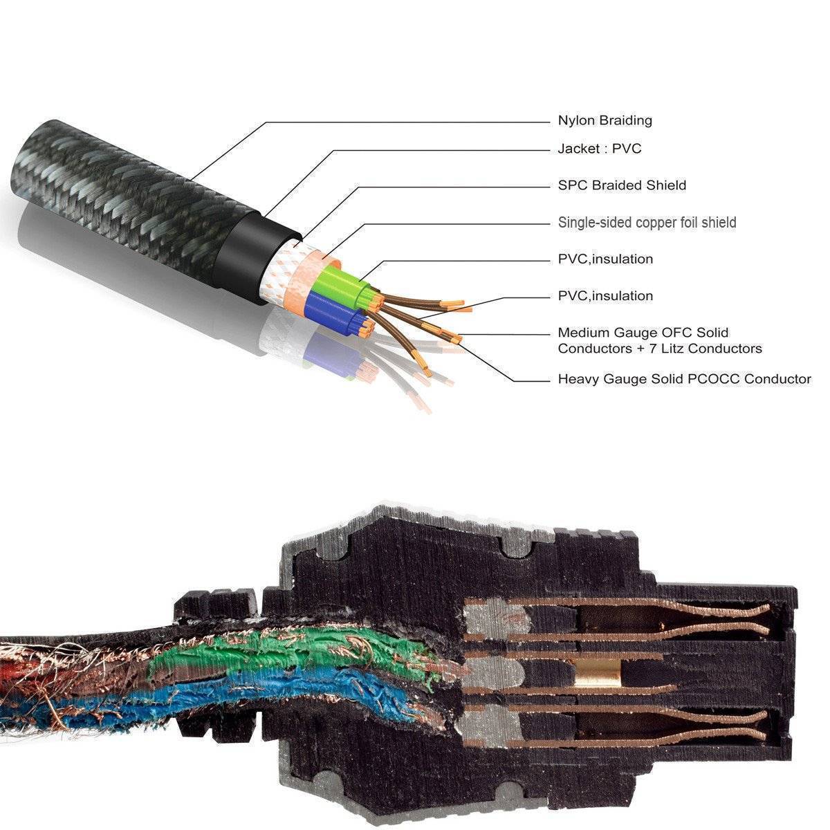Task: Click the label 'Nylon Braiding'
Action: pyautogui.click(x=605, y=121)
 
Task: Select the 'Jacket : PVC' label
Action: pyautogui.click(x=600, y=149)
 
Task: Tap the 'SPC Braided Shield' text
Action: pyautogui.click(x=622, y=185)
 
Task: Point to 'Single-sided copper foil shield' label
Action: pyautogui.click(x=647, y=223)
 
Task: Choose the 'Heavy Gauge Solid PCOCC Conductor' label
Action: pyautogui.click(x=684, y=379)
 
